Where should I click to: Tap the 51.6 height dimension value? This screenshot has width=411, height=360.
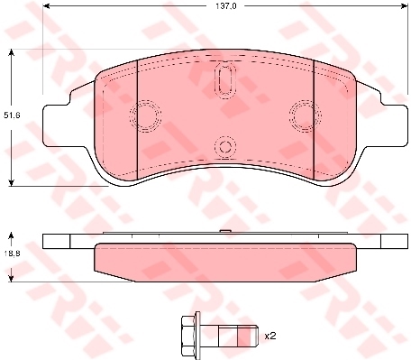11,115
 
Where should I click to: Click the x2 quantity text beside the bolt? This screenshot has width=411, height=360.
269,336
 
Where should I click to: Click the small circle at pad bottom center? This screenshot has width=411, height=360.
224,146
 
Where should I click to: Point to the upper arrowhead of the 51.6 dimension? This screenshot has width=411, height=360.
11,52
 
